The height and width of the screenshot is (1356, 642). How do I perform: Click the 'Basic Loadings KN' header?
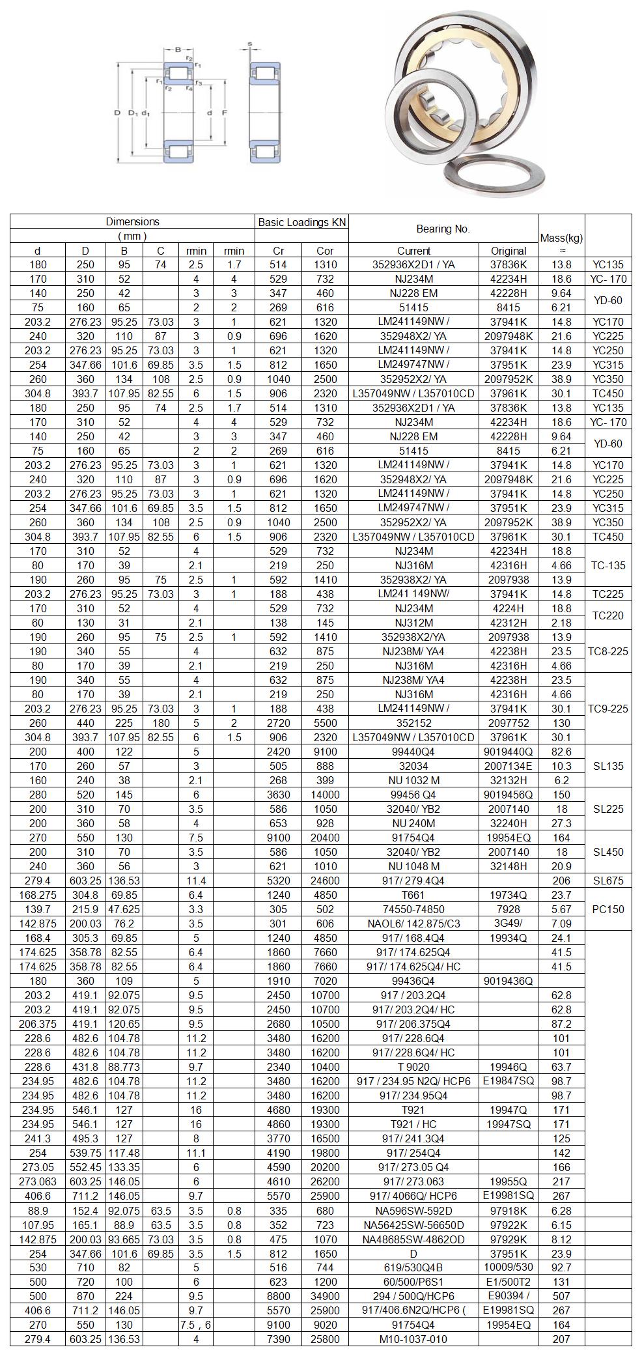tap(302, 222)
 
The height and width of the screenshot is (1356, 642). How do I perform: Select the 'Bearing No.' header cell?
tap(443, 229)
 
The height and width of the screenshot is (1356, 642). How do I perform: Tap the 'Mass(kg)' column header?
tap(561, 238)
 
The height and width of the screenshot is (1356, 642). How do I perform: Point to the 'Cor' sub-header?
tap(325, 251)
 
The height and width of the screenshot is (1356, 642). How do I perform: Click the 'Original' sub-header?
tap(509, 251)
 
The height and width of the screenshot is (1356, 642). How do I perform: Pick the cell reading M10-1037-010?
tap(414, 1339)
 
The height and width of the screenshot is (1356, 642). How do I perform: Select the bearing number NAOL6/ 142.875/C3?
tap(414, 924)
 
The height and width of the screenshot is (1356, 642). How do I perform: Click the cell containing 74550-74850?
tap(414, 909)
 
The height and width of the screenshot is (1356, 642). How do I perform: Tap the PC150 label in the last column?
tap(608, 909)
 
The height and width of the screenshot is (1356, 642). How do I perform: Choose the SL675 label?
tap(608, 881)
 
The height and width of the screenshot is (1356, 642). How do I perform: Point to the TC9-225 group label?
tap(608, 709)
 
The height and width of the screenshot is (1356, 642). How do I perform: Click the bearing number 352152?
tap(414, 723)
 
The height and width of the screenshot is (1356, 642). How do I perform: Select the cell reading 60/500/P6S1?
tap(414, 1282)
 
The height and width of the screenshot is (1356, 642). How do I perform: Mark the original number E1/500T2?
tap(509, 1282)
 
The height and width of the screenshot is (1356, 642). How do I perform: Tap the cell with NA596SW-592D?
tap(414, 1210)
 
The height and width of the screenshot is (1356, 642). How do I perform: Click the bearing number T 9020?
tap(414, 1067)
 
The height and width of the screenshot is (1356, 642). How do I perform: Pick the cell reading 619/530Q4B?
tap(414, 1267)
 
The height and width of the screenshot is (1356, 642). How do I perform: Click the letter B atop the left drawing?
tap(178, 49)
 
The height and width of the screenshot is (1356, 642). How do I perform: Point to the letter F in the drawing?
tap(224, 113)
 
